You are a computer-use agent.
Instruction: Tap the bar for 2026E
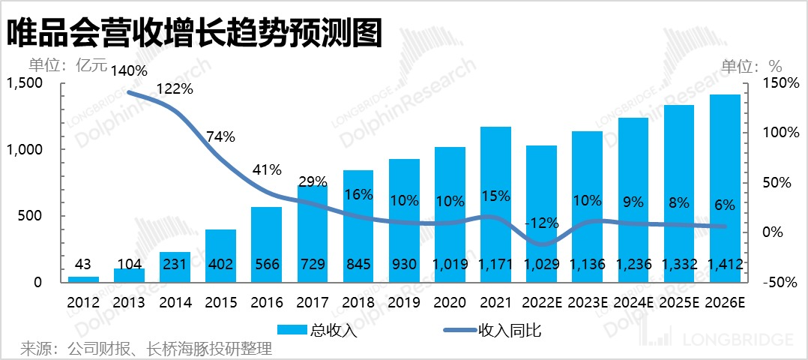pos(724,187)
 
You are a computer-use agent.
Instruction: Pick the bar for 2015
pos(220,255)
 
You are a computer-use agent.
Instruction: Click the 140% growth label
pos(130,71)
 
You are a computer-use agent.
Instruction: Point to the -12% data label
pos(541,223)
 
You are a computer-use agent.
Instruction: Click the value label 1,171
pos(495,264)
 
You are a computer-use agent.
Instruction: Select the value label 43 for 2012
pos(83,264)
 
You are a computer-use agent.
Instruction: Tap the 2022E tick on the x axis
pos(541,303)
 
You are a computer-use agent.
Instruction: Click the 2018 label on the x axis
pos(358,303)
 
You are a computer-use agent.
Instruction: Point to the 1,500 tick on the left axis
pos(25,83)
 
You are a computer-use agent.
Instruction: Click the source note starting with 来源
pos(145,349)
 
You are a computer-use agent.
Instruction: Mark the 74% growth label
pos(220,136)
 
